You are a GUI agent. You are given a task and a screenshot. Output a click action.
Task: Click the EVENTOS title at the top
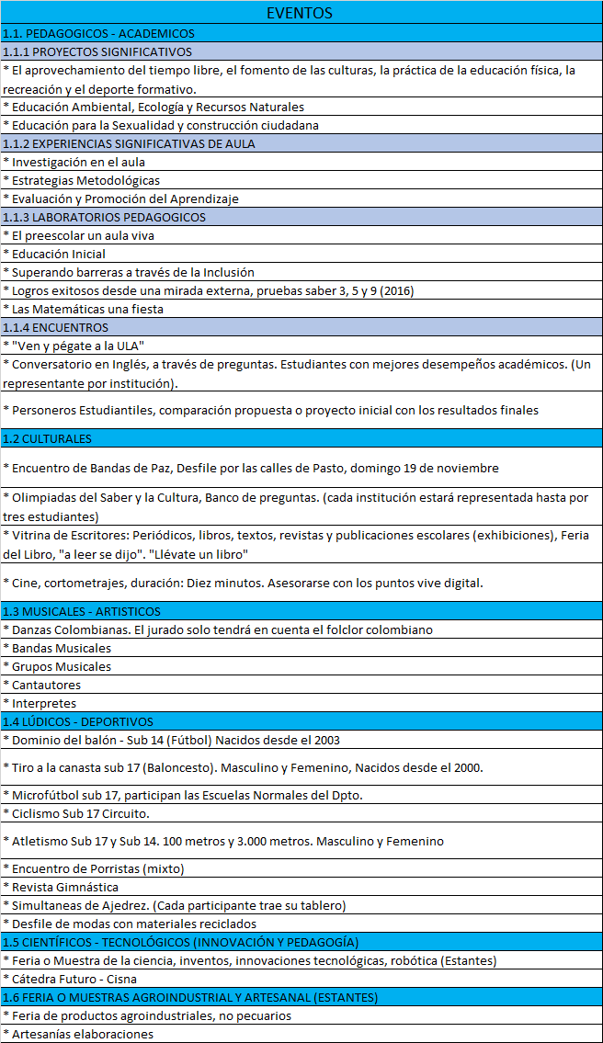300,13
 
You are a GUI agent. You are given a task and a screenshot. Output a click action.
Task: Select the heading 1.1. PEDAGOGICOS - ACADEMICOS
98,33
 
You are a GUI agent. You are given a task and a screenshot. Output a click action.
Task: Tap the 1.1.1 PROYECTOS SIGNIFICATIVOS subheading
97,51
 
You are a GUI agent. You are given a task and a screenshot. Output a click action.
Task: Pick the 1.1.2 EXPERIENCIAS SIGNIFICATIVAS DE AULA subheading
130,143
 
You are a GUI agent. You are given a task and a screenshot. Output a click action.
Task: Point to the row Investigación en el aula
74,162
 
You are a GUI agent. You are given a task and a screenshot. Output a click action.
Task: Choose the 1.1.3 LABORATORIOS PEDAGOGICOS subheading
104,217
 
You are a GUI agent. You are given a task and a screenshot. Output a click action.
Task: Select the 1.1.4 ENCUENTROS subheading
56,327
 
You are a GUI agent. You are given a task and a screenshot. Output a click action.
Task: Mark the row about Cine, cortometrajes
243,583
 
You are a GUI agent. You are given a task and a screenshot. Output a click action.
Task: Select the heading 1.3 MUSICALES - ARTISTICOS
82,611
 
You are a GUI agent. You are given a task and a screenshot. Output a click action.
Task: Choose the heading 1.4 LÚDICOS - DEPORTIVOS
78,721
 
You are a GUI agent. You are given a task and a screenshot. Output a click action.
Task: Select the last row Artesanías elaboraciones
78,1034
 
